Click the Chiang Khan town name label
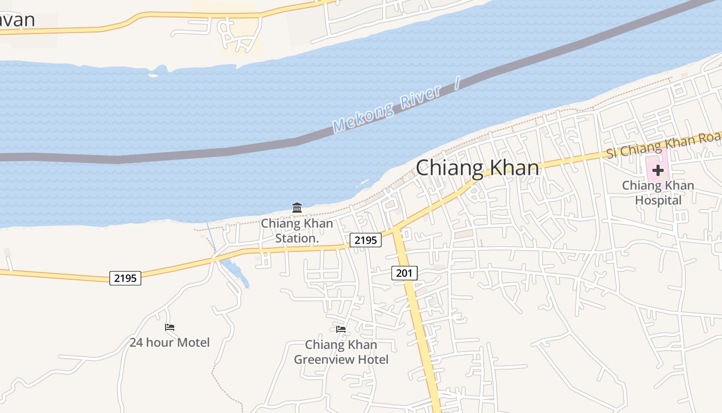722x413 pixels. (477, 168)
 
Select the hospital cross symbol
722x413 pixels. (658, 170)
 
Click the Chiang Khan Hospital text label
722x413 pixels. (658, 193)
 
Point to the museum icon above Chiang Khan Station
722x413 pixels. (297, 208)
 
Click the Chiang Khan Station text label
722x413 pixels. (297, 231)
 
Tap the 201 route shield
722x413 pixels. (404, 273)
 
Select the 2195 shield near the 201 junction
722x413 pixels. (365, 240)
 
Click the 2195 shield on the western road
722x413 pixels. (125, 278)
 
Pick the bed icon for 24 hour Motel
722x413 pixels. (170, 327)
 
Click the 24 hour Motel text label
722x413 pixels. (169, 342)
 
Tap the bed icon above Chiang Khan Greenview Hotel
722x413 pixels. (341, 329)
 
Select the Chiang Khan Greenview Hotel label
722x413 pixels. (341, 352)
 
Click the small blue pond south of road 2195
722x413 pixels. (237, 273)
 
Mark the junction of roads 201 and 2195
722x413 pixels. (395, 230)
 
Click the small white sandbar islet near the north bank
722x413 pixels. (153, 75)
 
